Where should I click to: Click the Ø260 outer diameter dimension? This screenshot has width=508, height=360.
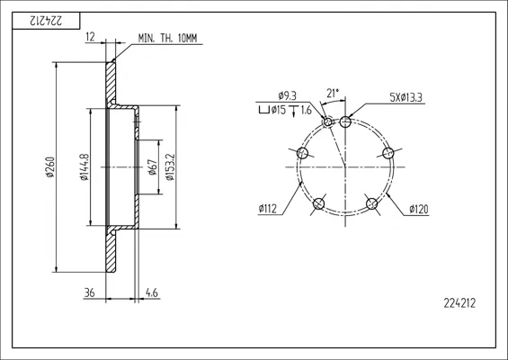pos(50,167)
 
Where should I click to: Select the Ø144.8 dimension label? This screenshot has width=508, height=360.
pos(85,166)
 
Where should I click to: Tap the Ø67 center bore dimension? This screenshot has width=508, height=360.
pos(152,167)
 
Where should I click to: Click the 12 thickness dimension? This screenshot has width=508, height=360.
pos(91,37)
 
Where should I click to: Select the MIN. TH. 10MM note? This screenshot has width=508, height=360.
pos(167,39)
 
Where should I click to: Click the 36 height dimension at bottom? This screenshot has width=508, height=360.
pos(89,292)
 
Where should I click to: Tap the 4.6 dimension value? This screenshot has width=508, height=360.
pos(152,292)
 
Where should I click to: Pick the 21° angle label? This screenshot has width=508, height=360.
pos(333,94)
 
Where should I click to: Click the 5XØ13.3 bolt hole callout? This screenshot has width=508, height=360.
pos(406,97)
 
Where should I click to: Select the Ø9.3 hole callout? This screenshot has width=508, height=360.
pos(287,95)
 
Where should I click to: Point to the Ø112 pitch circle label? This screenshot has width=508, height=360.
pos(268,209)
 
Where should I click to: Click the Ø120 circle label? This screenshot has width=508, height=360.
pos(419,209)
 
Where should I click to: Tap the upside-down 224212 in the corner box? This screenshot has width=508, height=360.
pos(46,21)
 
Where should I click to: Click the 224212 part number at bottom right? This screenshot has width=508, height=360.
pos(459,303)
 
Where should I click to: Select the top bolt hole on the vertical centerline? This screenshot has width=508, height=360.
pos(345,122)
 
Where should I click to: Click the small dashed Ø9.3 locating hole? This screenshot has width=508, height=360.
pos(328,121)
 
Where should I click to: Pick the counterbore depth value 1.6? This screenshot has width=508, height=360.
pos(307,111)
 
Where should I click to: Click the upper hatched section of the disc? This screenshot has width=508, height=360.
pos(111,84)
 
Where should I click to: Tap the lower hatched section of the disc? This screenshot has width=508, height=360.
pos(111,249)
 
